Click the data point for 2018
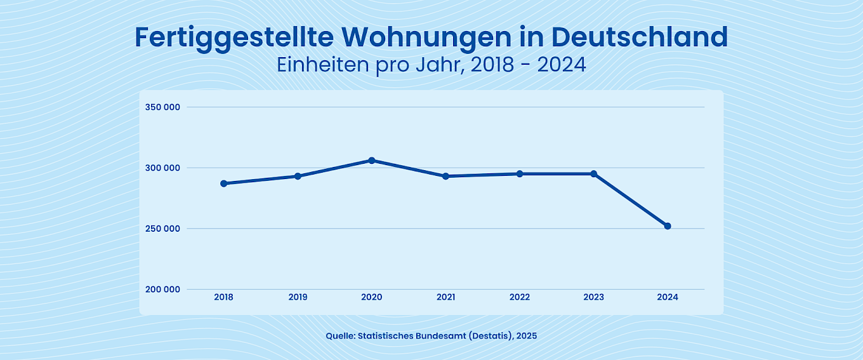tap(223, 183)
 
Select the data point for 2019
tap(298, 176)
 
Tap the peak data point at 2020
tap(372, 161)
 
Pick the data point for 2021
tap(445, 176)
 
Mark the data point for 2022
tap(520, 173)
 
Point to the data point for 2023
tap(594, 173)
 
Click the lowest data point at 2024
tap(668, 226)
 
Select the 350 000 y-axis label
tap(163, 107)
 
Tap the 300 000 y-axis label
tap(163, 168)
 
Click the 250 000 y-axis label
tap(163, 229)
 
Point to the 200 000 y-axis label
tap(163, 290)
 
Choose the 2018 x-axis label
tap(223, 297)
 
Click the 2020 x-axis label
tap(372, 297)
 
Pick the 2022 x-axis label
tap(520, 297)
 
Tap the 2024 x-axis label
tap(668, 297)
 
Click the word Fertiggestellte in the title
tap(234, 38)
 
